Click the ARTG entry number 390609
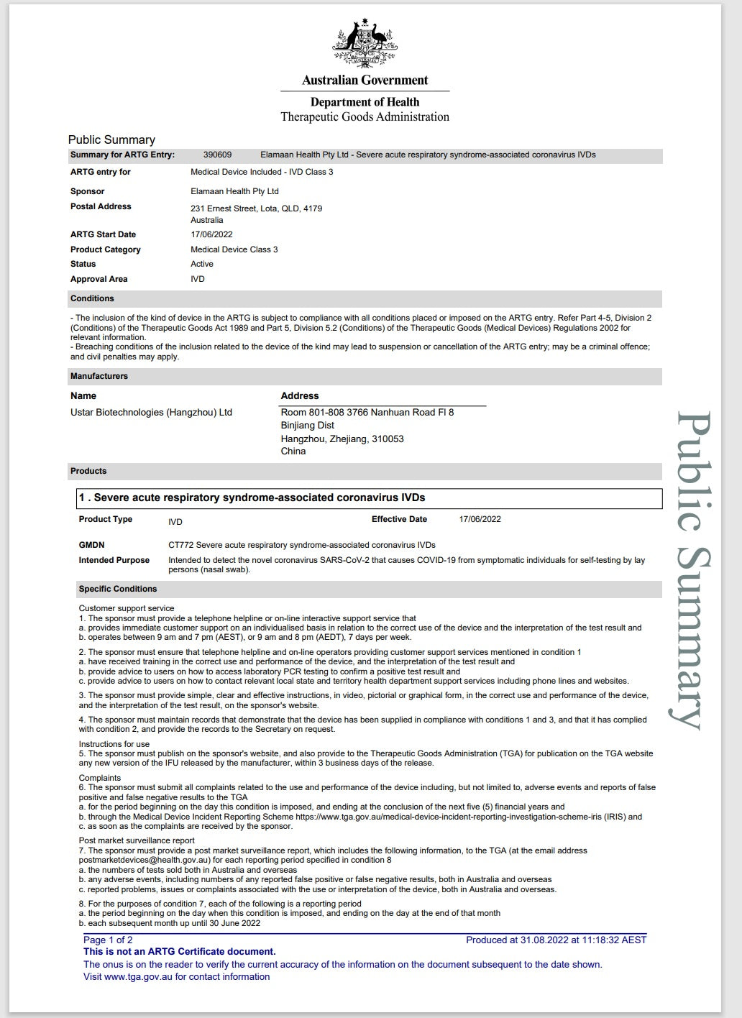[x=217, y=155]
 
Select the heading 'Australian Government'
[x=365, y=81]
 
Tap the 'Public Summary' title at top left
[x=111, y=139]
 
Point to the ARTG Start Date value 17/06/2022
[x=211, y=234]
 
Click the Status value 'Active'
[x=202, y=264]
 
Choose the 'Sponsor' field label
[x=87, y=191]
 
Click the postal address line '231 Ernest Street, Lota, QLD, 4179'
[x=256, y=208]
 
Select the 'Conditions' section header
[x=92, y=298]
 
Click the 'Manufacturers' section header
[x=99, y=376]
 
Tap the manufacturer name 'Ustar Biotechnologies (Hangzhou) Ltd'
[x=151, y=413]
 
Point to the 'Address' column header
[x=299, y=396]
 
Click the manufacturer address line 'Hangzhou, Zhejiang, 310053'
[x=342, y=439]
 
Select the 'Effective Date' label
[x=399, y=519]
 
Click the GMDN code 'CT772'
[x=180, y=545]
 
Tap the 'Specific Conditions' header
[x=118, y=589]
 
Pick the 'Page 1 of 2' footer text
[x=108, y=940]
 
